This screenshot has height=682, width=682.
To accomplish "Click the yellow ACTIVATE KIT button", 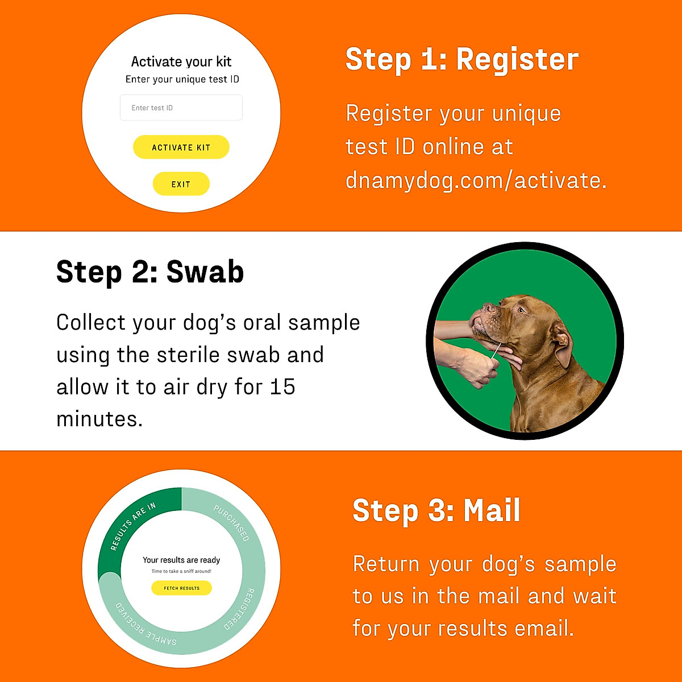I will [181, 147].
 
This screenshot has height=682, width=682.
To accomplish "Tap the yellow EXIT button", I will [181, 184].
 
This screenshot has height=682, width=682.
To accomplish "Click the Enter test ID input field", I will [181, 107].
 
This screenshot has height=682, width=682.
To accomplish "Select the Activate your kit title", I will [181, 61].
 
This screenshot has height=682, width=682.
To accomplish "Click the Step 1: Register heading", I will [461, 59].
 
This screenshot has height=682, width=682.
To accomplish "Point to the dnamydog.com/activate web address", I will [476, 180].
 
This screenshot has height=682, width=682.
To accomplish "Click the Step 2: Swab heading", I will [150, 272].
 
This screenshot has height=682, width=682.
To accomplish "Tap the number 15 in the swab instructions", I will [282, 387].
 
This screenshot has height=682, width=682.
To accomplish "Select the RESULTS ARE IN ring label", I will [132, 526].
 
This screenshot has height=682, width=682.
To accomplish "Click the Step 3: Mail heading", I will [436, 510].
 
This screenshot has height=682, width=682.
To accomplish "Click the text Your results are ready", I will [181, 560].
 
